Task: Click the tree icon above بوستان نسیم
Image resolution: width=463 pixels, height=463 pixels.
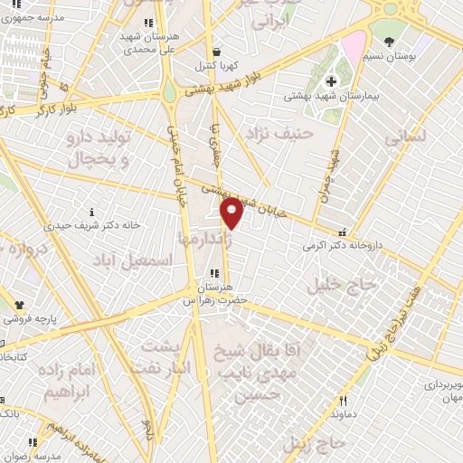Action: pos(390,42)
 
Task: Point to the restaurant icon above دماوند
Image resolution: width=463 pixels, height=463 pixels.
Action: pos(344,401)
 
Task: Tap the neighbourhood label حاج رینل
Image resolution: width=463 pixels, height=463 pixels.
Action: pos(315,442)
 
